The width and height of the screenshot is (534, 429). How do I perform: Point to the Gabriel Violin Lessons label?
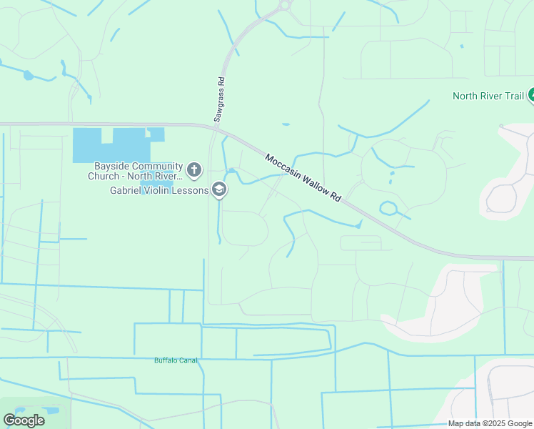click(158, 190)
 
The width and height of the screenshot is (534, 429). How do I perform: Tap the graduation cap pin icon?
click(219, 190)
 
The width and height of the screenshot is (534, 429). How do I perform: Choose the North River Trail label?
click(489, 96)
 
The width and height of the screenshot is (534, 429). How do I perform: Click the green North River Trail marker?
click(530, 96)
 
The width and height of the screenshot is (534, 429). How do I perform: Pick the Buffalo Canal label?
click(176, 360)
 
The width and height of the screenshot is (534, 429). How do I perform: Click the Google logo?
click(24, 420)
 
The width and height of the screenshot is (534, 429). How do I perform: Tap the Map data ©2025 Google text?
click(490, 423)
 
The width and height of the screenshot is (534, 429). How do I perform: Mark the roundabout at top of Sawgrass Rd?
click(286, 5)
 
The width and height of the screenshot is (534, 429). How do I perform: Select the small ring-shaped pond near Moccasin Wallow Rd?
click(389, 209)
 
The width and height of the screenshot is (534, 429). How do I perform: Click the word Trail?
click(512, 96)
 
